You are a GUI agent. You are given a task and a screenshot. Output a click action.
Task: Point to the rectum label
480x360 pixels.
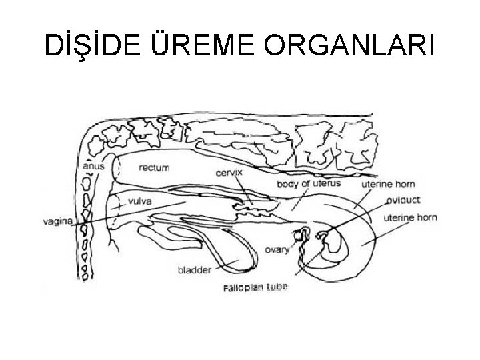(x=154, y=168)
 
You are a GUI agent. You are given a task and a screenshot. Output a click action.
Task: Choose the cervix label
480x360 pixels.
(x=229, y=172)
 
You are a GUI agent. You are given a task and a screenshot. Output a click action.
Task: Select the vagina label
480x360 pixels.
(x=57, y=219)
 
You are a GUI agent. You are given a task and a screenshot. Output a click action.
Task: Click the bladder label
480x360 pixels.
(x=195, y=271)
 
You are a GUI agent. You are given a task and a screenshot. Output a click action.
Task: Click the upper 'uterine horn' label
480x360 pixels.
(x=388, y=183)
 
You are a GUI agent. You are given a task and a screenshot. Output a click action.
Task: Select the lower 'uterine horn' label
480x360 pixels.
(x=411, y=218)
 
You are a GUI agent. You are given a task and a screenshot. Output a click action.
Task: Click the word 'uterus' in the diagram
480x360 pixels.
(x=325, y=183)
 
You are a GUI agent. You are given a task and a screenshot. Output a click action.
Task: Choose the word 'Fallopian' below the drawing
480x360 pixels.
(x=243, y=289)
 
